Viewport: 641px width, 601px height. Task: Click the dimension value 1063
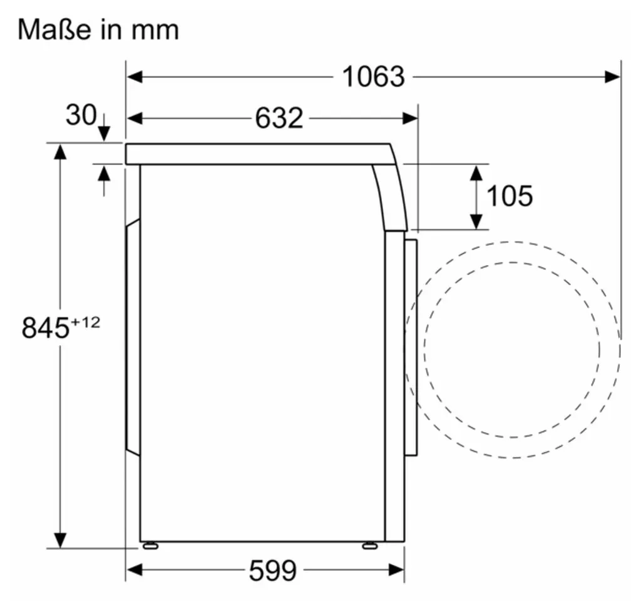tap(373, 76)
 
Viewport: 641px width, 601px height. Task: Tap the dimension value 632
tap(279, 118)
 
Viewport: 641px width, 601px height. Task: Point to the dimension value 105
tap(510, 196)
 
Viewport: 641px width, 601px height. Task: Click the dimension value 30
tap(81, 114)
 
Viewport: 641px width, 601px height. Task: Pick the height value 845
tap(45, 328)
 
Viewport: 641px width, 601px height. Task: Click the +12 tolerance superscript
tap(85, 323)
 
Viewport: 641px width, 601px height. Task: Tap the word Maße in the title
tap(54, 30)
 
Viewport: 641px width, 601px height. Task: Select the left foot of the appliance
tap(150, 545)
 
